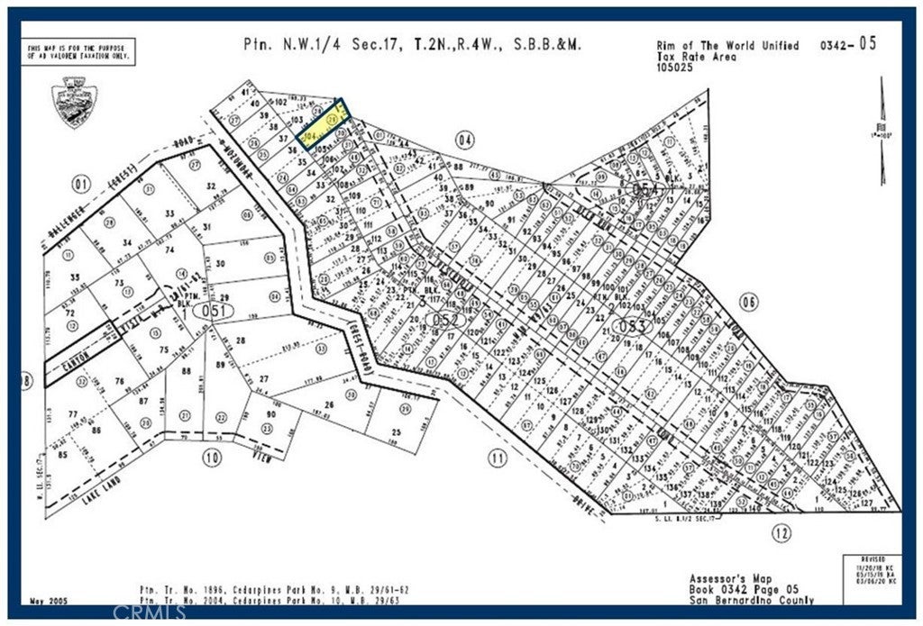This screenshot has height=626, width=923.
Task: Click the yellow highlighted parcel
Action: tap(324, 126)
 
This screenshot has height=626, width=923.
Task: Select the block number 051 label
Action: tap(218, 310)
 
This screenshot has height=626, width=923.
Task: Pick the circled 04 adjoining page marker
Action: tap(465, 140)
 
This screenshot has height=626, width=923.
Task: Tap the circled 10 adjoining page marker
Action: tap(212, 458)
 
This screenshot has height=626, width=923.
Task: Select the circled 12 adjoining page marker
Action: tap(781, 533)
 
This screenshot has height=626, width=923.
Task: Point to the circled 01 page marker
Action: tap(82, 186)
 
